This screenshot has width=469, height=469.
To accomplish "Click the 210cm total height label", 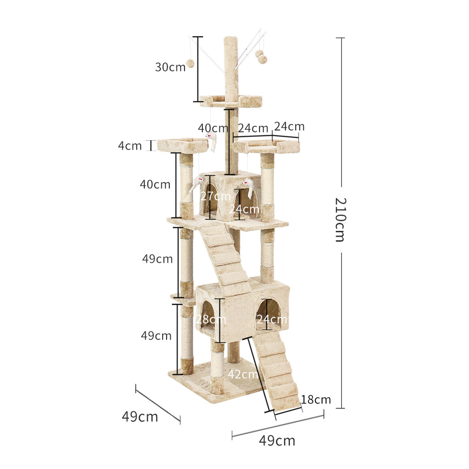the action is pos(340,219).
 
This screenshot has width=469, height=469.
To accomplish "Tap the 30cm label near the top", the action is pos(170,67).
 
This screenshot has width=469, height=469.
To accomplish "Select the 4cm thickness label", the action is pos(130,146).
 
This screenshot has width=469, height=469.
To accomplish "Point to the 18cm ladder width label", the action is pos(316,399).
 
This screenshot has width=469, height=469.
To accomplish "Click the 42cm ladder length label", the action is pos(243,374).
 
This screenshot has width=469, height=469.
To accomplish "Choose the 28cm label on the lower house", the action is pos(211,319).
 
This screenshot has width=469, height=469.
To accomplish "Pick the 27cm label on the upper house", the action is pos(215,196).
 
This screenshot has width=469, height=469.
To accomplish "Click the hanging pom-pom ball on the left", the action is pos(190,63).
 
